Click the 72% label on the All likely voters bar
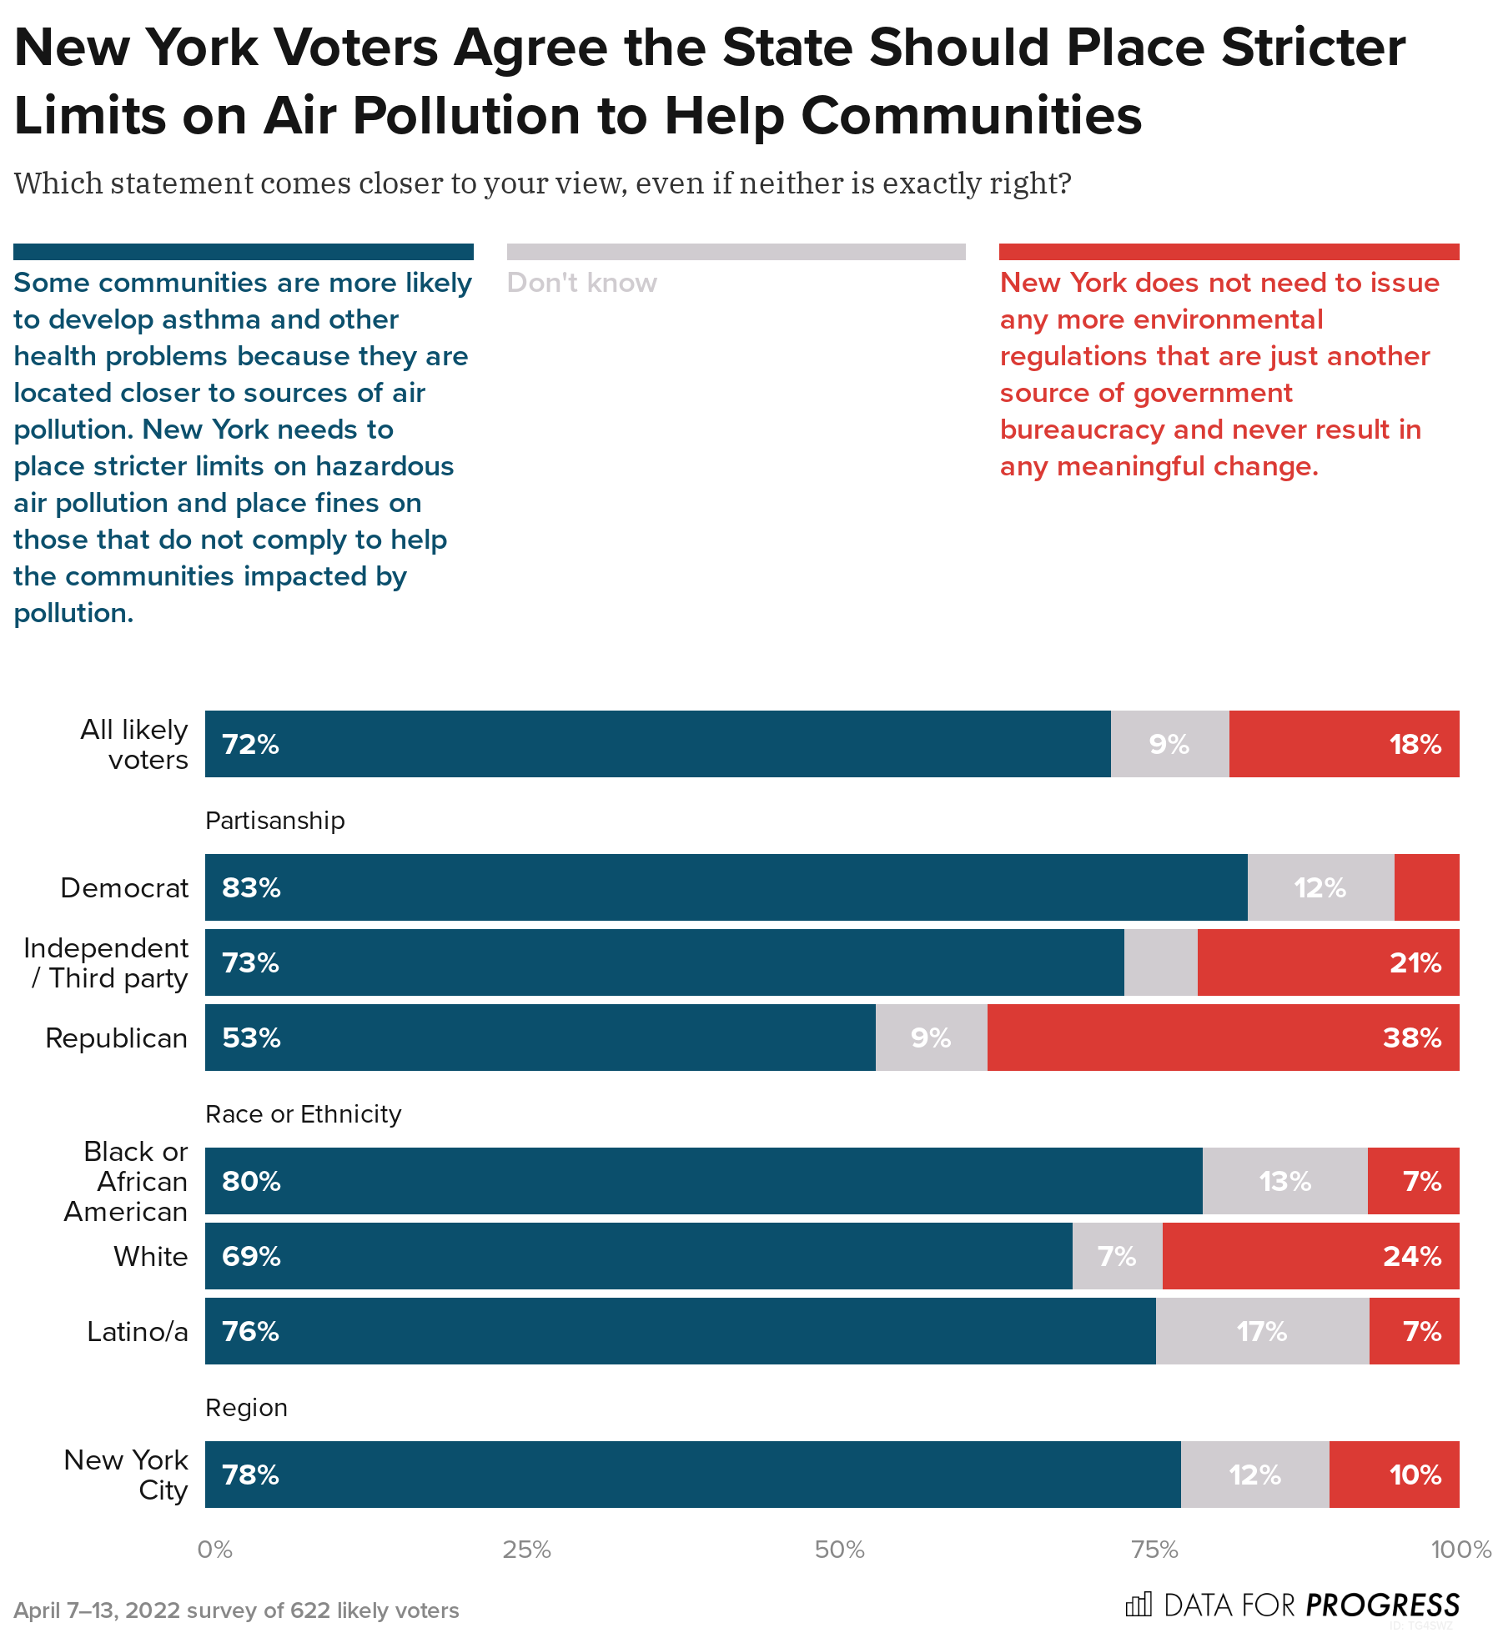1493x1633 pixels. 250,744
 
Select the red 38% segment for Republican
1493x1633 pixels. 1223,1038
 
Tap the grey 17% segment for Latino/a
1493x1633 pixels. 1262,1331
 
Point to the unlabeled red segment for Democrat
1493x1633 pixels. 1426,887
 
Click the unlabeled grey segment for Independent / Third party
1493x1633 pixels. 1160,962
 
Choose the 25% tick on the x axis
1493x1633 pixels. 526,1550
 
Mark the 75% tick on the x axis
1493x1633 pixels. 1154,1550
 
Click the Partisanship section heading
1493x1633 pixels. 275,821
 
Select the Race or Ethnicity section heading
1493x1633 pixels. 304,1114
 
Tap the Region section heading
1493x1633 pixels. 246,1408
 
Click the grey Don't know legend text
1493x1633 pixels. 582,283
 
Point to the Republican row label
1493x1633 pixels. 117,1038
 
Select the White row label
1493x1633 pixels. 151,1257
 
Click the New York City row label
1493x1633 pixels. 127,1475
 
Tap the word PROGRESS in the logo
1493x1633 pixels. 1382,1605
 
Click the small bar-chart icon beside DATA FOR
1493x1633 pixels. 1139,1604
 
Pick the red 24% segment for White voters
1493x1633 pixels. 1310,1256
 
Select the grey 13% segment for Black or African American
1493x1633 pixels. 1284,1181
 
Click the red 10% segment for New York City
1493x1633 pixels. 1394,1475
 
